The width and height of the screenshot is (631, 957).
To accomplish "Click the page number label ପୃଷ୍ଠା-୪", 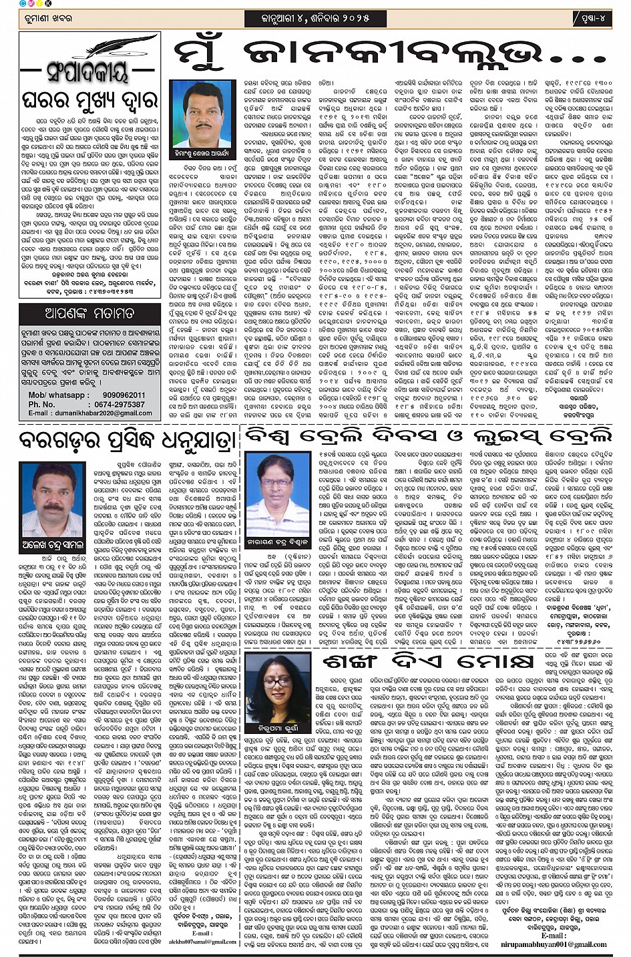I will (x=592, y=18).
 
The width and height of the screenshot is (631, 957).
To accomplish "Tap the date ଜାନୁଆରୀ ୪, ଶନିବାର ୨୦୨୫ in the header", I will (x=315, y=18).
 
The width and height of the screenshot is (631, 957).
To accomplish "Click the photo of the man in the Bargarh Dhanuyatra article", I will (x=52, y=500).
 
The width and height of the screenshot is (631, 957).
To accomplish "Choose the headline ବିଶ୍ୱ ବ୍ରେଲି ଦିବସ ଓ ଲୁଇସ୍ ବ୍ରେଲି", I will (x=427, y=435).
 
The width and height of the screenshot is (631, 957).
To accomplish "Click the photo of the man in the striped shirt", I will (x=277, y=491).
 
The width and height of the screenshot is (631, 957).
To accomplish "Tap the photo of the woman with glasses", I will (x=277, y=686).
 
